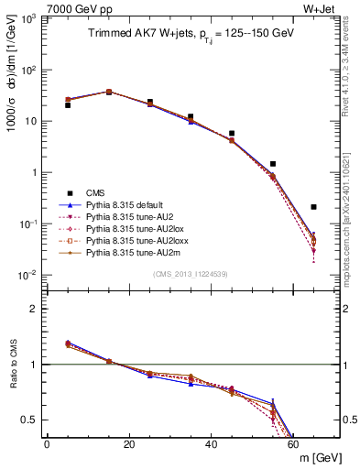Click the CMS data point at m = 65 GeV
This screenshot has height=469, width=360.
[313, 207]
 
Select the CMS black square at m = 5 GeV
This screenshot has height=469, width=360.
[68, 105]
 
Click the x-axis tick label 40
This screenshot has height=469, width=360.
[211, 445]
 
